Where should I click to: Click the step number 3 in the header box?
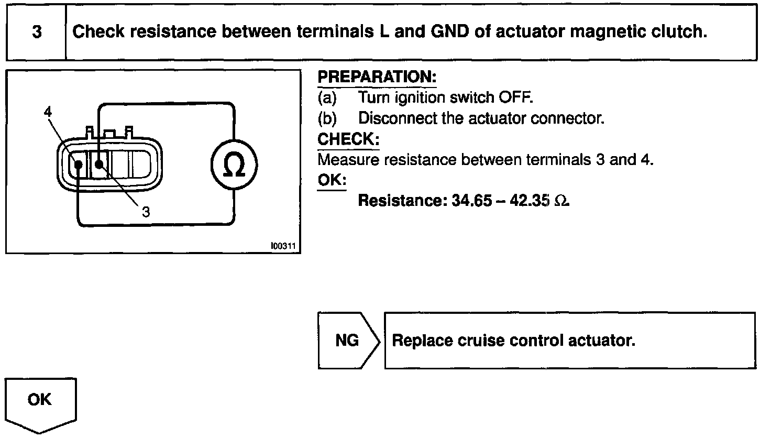pyautogui.click(x=37, y=32)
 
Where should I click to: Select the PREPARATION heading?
pyautogui.click(x=377, y=77)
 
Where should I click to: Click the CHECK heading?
pyautogui.click(x=348, y=139)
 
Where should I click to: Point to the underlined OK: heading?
pyautogui.click(x=332, y=180)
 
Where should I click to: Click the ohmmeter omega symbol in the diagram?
pyautogui.click(x=234, y=166)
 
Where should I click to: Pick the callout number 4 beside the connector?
pyautogui.click(x=48, y=112)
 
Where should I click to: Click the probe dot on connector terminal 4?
pyautogui.click(x=78, y=165)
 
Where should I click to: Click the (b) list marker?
pyautogui.click(x=327, y=118)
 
